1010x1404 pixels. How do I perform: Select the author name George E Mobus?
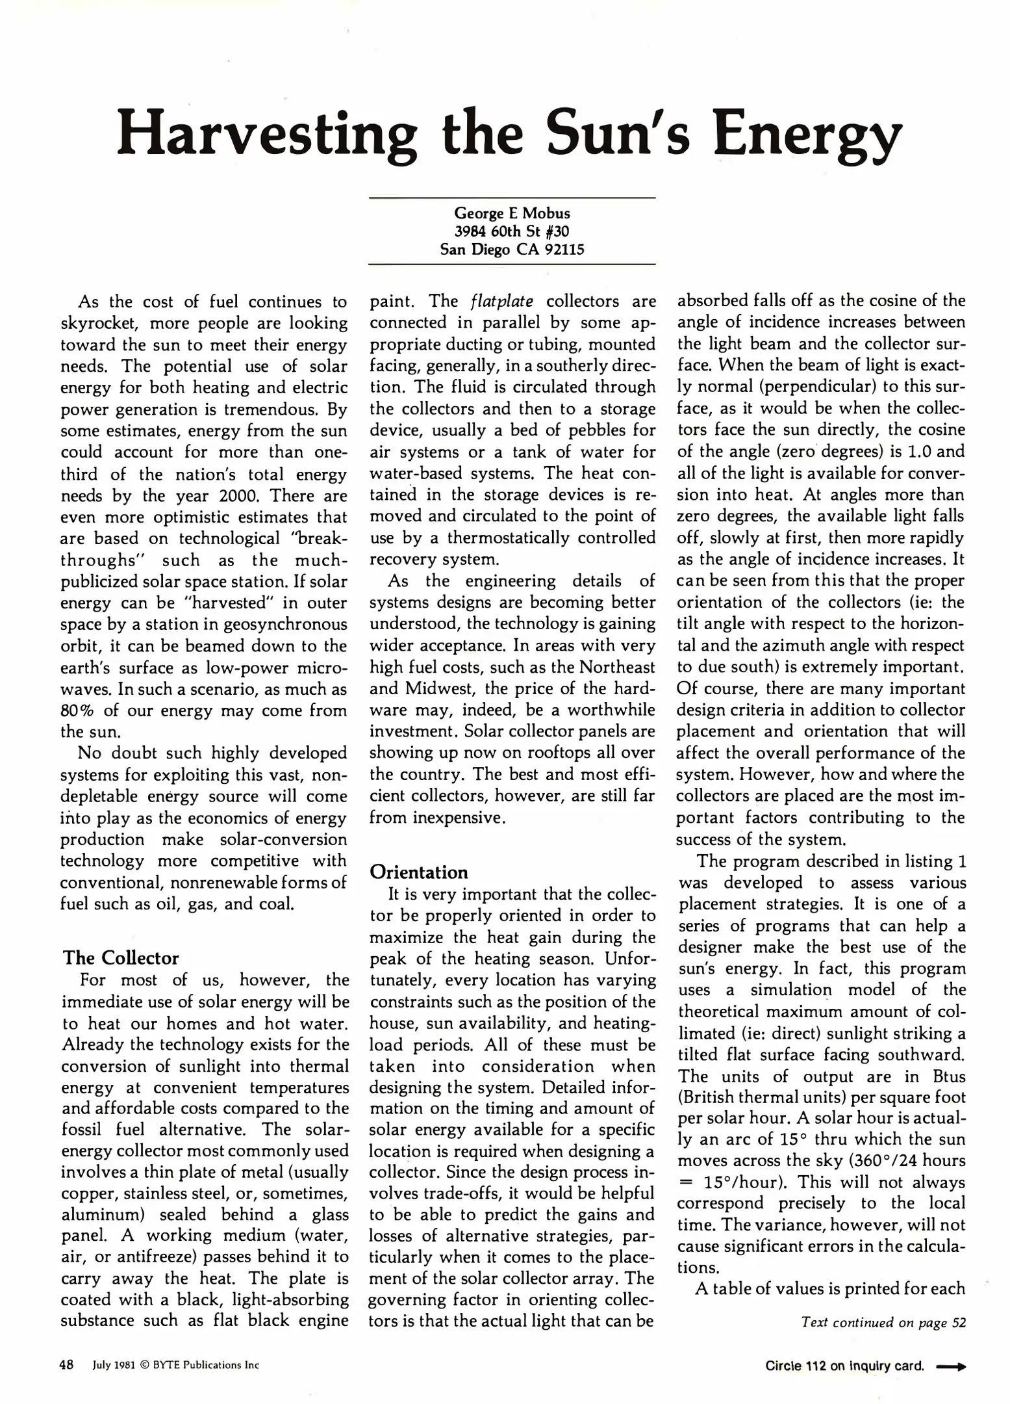pos(512,213)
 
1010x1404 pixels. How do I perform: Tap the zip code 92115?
pos(564,250)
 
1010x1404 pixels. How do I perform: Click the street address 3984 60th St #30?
pos(512,231)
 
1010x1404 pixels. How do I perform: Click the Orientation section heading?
pos(418,872)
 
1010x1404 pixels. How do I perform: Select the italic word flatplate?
pos(501,302)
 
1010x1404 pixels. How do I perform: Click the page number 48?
pos(66,1365)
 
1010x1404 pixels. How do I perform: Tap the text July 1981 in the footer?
pos(113,1365)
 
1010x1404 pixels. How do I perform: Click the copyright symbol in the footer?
pos(144,1365)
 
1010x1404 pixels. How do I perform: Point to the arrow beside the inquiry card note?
pos(951,1366)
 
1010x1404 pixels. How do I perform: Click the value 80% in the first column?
pos(74,710)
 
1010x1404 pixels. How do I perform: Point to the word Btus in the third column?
pos(949,1076)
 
